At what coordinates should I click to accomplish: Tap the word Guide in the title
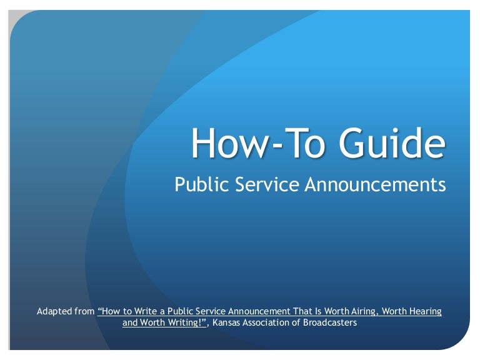pyautogui.click(x=392, y=142)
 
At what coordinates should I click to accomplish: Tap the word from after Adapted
pyautogui.click(x=87, y=311)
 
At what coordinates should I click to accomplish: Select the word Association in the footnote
pyautogui.click(x=270, y=324)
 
